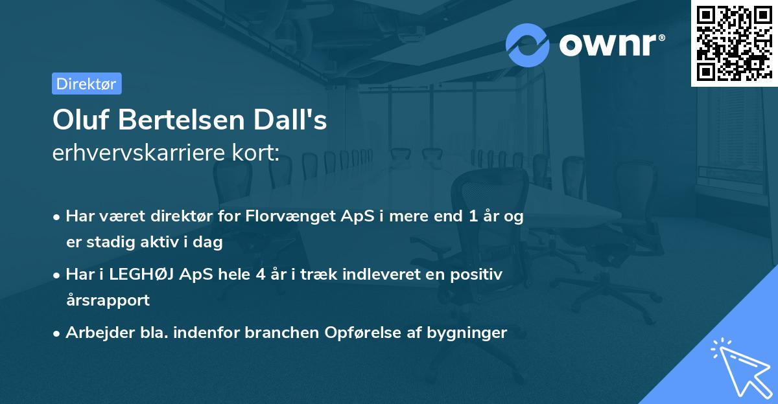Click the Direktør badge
[x=86, y=84]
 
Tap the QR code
[x=734, y=43]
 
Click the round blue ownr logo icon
[x=528, y=45]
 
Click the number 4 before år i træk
[x=261, y=274]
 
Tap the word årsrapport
[x=108, y=300]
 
